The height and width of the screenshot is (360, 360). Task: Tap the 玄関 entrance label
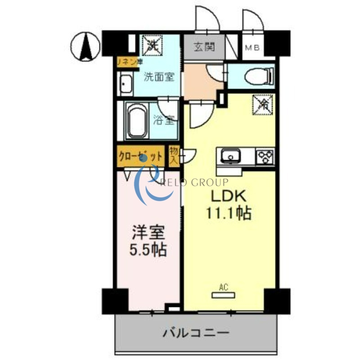(204, 47)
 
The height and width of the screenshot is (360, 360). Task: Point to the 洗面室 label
(159, 76)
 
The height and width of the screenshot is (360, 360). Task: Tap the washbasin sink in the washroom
(125, 84)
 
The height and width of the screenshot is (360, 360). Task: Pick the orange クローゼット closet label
(140, 156)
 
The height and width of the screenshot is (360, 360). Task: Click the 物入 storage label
(174, 155)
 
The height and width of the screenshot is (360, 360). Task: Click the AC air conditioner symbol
(224, 294)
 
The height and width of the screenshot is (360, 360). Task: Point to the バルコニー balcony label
(196, 333)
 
